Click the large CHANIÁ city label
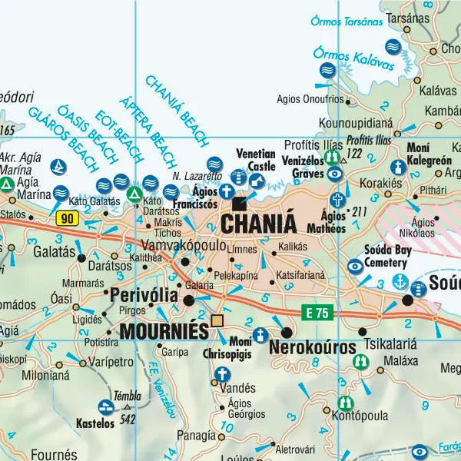coord(258,224)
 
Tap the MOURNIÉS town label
coord(164,331)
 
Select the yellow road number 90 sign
coord(68,218)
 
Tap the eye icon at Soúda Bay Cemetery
coord(355,267)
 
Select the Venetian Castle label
coord(256,159)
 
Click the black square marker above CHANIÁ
coord(240,204)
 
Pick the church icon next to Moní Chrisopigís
coord(261,335)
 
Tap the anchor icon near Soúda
coord(400,281)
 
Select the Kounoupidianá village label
coord(355,121)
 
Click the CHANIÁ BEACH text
coord(176,111)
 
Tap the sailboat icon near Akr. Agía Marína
coord(58,166)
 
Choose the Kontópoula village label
coord(361,415)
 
